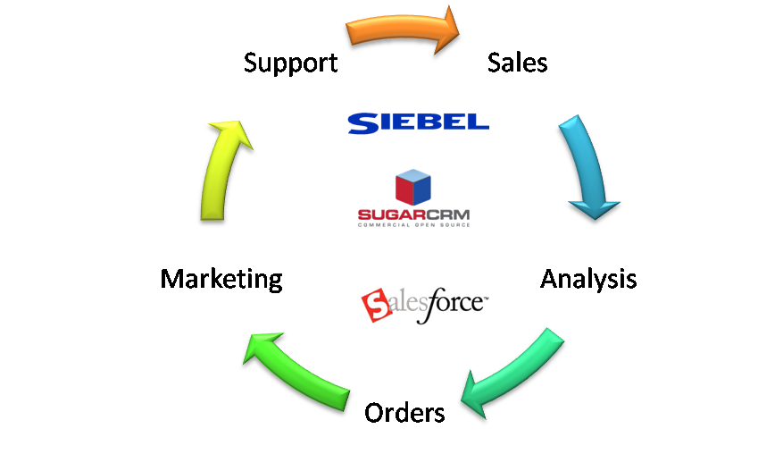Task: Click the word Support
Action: pos(290,63)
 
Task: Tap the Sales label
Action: pos(517,62)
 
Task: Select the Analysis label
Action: pos(588,278)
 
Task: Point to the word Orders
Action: pos(404,413)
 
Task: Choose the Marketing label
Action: pos(221,279)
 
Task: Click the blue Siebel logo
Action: pos(418,122)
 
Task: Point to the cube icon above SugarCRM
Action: pos(412,186)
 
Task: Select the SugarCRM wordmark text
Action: pos(412,215)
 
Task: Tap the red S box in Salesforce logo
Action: pos(375,307)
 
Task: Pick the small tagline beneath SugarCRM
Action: pos(412,224)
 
